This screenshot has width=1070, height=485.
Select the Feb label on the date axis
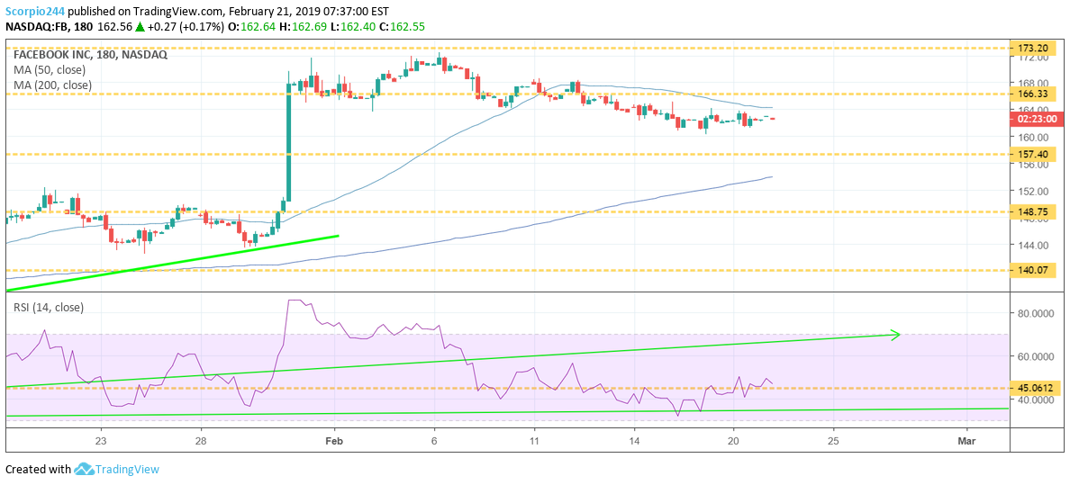point(335,441)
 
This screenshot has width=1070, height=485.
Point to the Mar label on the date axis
point(966,441)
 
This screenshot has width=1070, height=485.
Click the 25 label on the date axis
point(833,441)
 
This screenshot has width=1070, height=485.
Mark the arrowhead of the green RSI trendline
point(895,335)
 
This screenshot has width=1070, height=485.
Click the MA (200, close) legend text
point(52,85)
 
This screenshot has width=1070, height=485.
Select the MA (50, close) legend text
point(49,70)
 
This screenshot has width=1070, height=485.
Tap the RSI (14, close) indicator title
point(49,307)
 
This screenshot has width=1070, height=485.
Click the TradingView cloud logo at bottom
point(85,469)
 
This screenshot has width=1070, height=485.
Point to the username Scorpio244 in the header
point(35,10)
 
